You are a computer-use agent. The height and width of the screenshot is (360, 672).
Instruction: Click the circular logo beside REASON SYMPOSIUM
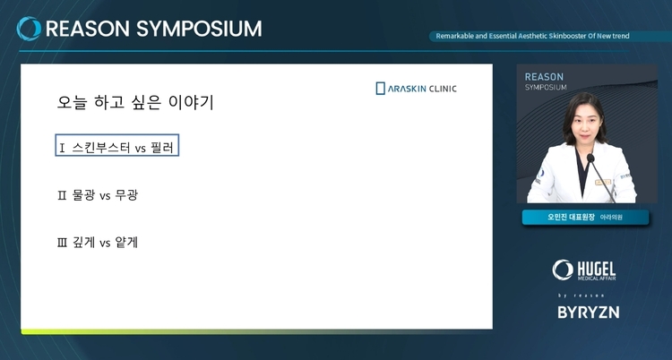click(29, 29)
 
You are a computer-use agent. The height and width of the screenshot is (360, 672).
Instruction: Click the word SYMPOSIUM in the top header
click(199, 30)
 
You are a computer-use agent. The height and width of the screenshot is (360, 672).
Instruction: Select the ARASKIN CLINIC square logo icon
click(380, 89)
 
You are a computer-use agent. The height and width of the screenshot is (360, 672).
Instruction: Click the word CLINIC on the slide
click(443, 89)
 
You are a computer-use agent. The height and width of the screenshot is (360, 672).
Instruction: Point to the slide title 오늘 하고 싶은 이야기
click(135, 102)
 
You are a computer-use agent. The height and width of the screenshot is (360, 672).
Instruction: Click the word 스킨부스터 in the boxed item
click(101, 148)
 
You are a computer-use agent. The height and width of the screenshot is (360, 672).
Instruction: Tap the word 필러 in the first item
click(162, 148)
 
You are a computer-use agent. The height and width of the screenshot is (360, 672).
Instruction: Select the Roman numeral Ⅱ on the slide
click(62, 195)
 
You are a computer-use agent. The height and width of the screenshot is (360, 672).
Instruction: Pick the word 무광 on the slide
click(126, 195)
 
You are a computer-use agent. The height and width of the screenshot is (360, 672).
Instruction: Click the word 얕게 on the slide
click(126, 243)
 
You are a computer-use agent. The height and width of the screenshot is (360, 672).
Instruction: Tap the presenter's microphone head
click(590, 158)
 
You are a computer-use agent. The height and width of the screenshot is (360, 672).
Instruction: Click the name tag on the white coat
click(603, 182)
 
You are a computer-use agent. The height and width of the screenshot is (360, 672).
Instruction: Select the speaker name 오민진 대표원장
click(571, 217)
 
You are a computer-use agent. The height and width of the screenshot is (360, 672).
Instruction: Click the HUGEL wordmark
click(597, 269)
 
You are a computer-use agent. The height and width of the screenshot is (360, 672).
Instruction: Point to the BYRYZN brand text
click(589, 312)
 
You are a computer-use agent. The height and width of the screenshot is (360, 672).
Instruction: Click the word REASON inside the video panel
click(544, 77)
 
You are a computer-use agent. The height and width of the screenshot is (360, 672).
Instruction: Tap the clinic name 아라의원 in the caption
click(611, 218)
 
